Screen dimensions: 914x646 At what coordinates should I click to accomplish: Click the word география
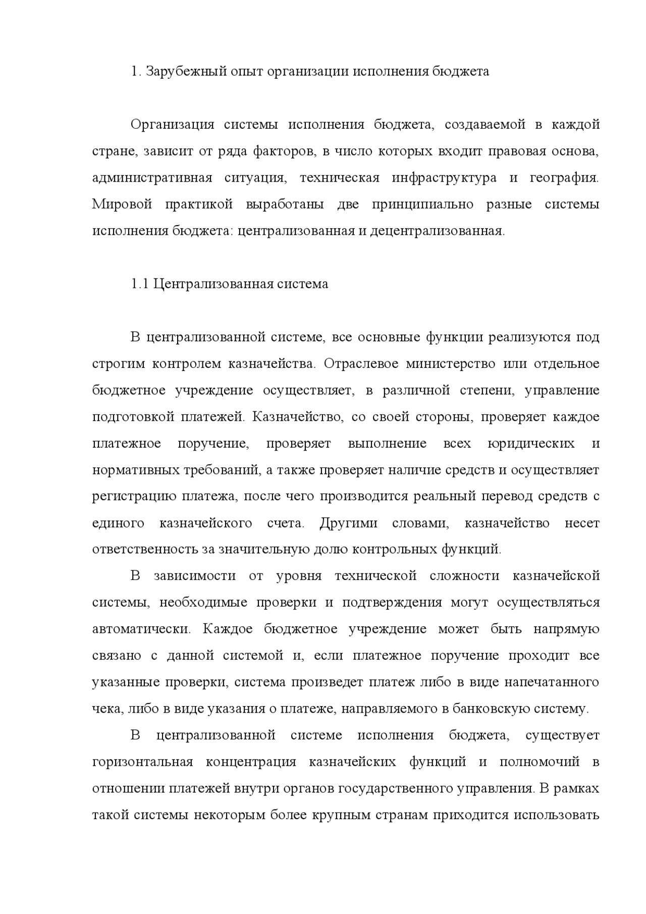pyautogui.click(x=564, y=178)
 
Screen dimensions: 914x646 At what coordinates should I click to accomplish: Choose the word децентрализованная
pyautogui.click(x=437, y=231)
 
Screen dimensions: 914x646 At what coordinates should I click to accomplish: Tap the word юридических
pyautogui.click(x=531, y=444)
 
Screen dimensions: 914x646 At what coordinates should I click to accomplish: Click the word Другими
pyautogui.click(x=348, y=523)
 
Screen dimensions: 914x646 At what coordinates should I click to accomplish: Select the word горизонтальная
pyautogui.click(x=143, y=762)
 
